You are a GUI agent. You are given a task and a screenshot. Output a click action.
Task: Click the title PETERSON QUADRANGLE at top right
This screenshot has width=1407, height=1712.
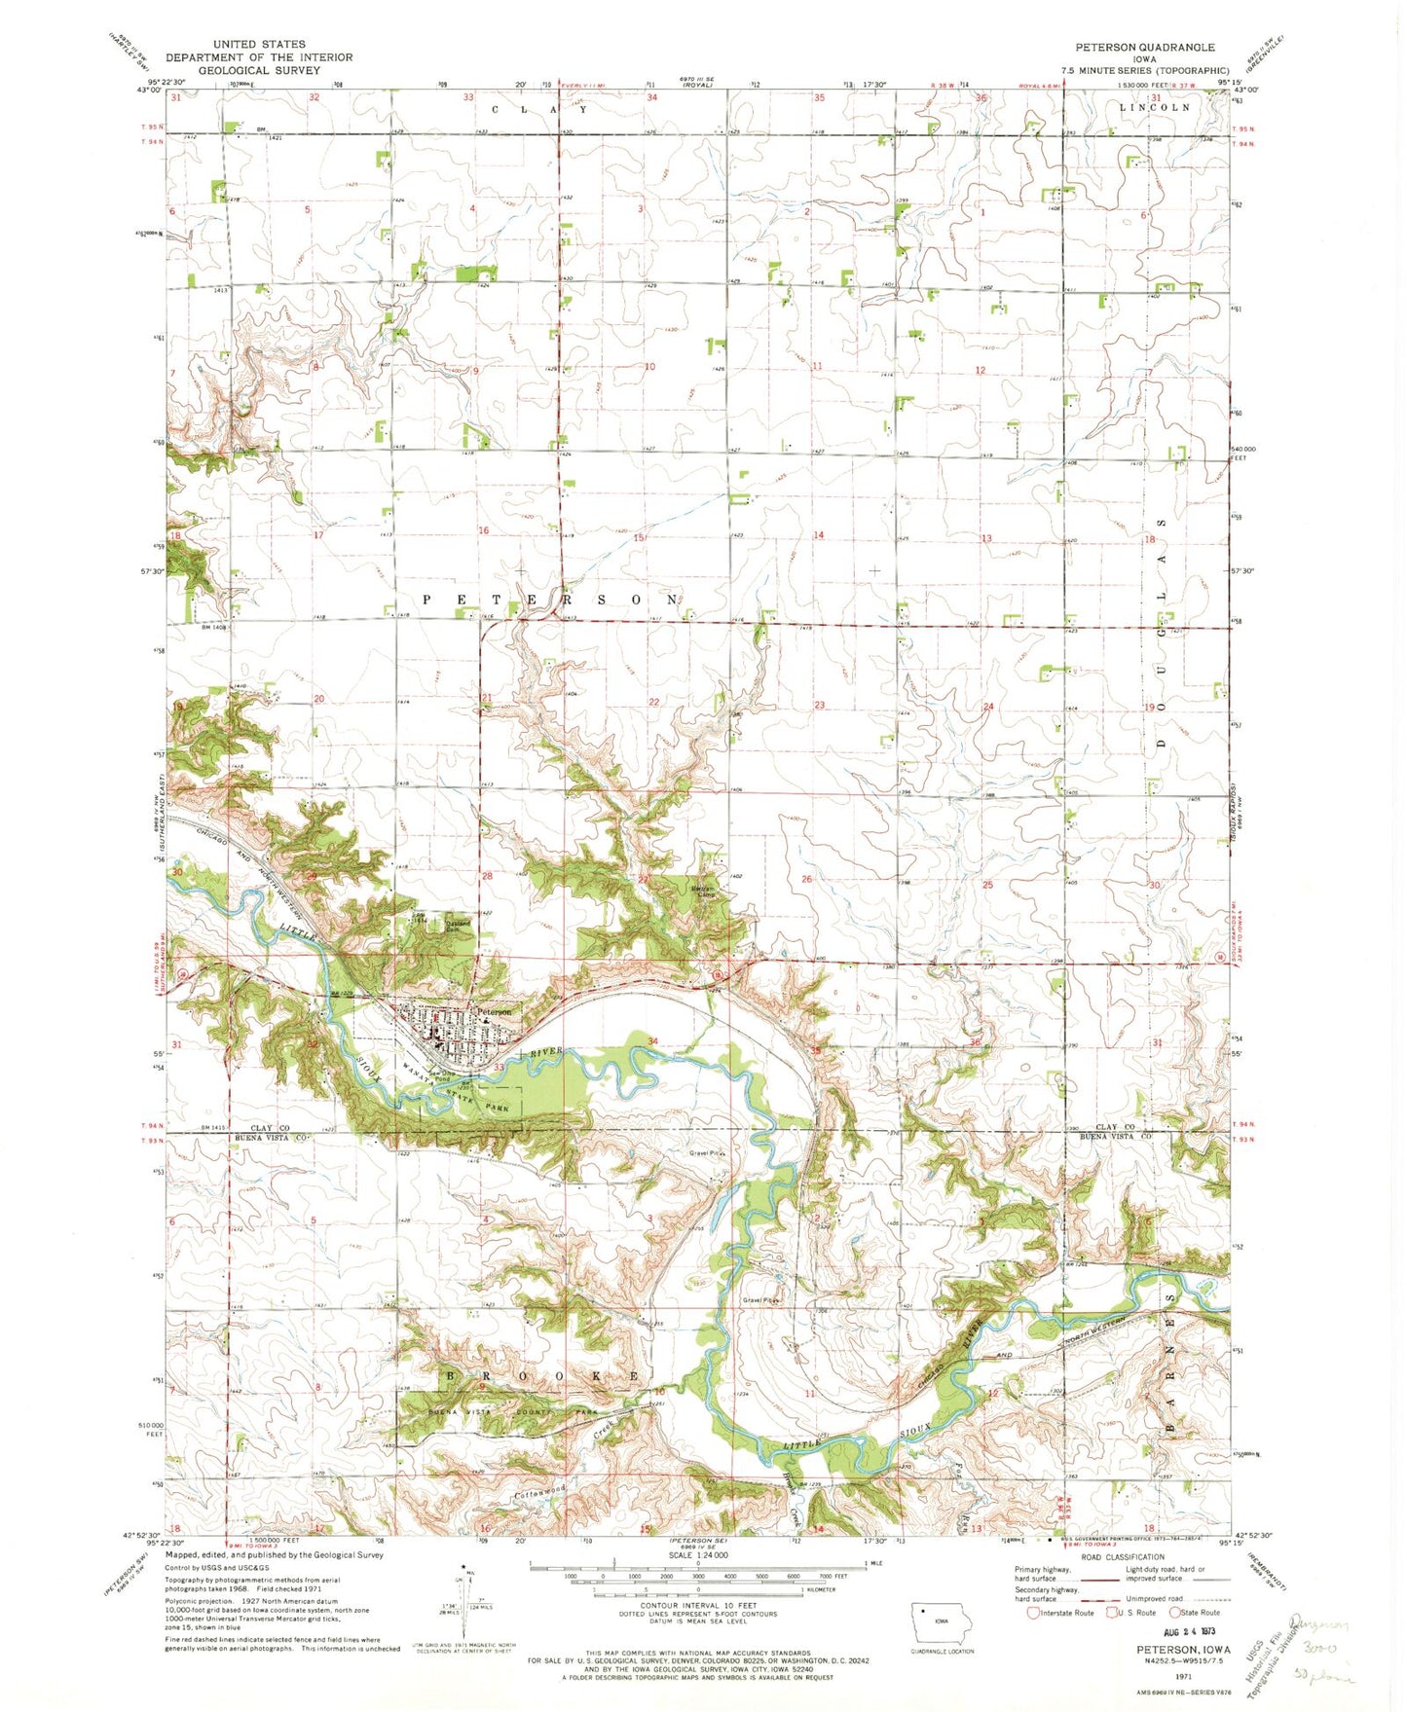pos(1144,47)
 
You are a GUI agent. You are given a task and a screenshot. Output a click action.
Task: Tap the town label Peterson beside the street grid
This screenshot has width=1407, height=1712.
pos(494,1012)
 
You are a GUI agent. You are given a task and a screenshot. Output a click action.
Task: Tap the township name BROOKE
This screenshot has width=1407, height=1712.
pos(541,1376)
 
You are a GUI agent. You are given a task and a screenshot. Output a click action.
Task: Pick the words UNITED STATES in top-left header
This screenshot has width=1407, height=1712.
pos(259,44)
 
